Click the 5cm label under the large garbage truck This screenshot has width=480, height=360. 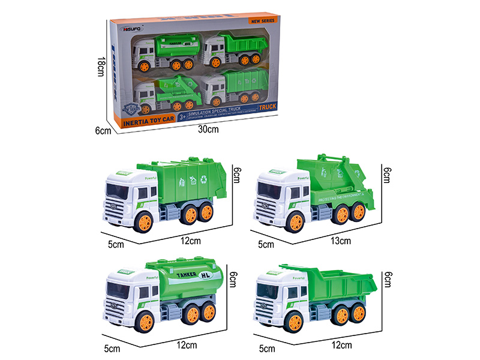115,244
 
